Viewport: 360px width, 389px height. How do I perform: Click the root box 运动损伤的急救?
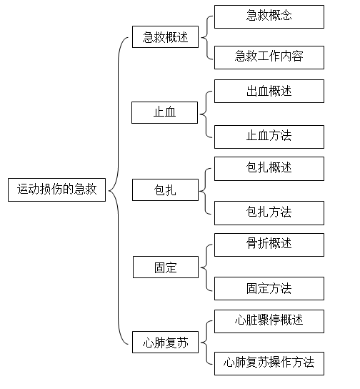(x=56, y=189)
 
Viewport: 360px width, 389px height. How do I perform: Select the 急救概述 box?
(x=165, y=36)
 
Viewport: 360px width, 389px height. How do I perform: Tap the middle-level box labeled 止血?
(x=165, y=112)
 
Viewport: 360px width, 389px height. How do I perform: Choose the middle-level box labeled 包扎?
(x=165, y=189)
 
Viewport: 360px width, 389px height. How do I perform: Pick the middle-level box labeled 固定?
(x=166, y=267)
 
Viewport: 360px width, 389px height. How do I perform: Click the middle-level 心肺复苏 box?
(x=165, y=342)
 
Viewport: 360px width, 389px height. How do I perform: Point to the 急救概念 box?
(x=269, y=16)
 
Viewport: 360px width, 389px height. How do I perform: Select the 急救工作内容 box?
(x=269, y=57)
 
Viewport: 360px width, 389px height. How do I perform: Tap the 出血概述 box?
(x=269, y=91)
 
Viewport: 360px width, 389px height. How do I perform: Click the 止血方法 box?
(x=269, y=137)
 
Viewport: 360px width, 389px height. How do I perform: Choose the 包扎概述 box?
(x=269, y=169)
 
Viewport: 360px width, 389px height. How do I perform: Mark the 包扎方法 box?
(x=269, y=213)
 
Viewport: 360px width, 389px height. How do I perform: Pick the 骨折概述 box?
(x=269, y=245)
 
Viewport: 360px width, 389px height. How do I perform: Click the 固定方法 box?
(x=269, y=288)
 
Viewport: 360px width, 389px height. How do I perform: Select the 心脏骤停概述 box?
(x=269, y=321)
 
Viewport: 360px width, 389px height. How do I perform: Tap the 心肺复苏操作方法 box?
(x=269, y=363)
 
